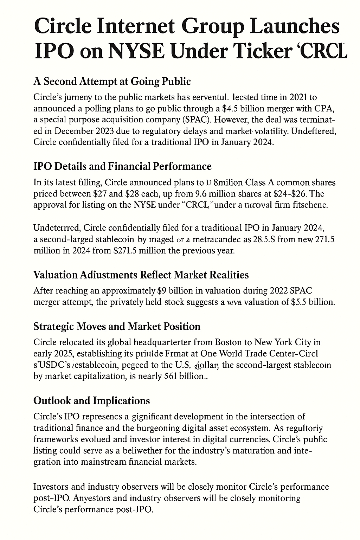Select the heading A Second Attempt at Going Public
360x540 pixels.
pyautogui.click(x=112, y=82)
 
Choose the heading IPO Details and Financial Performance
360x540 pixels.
pyautogui.click(x=122, y=166)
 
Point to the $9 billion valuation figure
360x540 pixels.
pyautogui.click(x=175, y=291)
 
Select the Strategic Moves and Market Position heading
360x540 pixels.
pyautogui.click(x=117, y=327)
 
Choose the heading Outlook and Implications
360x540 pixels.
pyautogui.click(x=91, y=400)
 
